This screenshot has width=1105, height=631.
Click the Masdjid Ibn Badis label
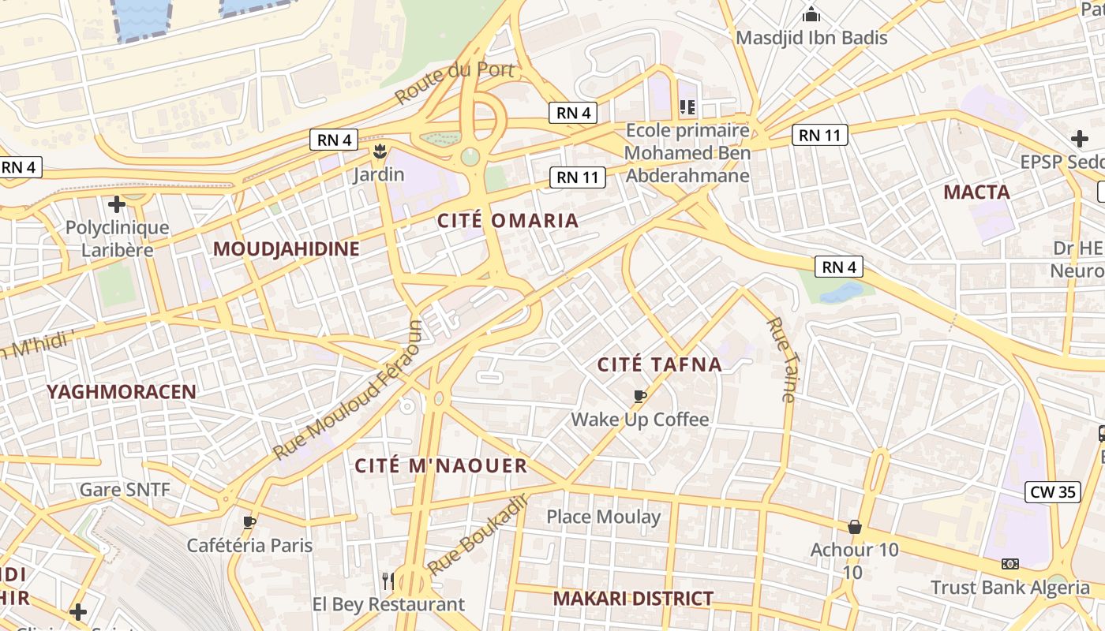click(811, 38)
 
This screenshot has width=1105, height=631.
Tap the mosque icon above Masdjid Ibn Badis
click(811, 14)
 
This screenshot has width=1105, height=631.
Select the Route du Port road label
click(455, 82)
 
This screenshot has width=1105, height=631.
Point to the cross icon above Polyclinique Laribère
click(117, 205)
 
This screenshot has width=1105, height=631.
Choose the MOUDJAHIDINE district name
click(287, 249)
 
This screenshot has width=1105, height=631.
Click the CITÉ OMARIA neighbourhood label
click(508, 221)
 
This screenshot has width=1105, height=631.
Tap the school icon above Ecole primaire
click(687, 106)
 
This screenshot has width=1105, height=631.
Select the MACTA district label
click(976, 192)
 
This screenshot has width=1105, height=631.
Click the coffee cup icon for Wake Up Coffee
click(640, 396)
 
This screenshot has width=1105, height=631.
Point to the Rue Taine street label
click(781, 360)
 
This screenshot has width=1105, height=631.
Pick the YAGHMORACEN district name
click(121, 392)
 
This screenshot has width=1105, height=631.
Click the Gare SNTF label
click(125, 490)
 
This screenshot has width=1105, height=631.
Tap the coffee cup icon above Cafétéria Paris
click(249, 522)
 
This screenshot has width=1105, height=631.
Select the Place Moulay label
click(604, 517)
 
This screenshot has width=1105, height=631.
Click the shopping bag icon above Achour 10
click(854, 527)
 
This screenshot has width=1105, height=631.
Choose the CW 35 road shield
click(1053, 492)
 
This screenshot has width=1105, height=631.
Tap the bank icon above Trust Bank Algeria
click(1009, 564)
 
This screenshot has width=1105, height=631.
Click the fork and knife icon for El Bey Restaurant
click(388, 581)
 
